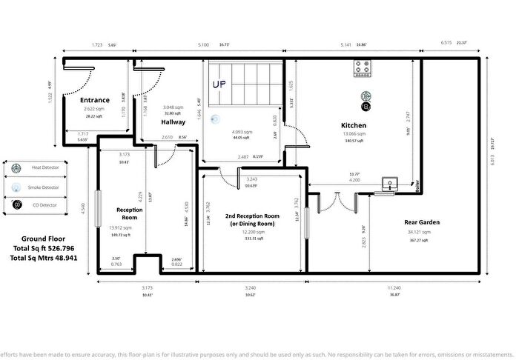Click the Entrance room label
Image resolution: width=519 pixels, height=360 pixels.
95,100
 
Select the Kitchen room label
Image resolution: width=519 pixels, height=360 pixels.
353,125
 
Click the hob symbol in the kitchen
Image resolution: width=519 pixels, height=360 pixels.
364,69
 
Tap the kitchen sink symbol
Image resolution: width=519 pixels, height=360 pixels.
389,184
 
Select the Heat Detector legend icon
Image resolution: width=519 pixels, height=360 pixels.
16,167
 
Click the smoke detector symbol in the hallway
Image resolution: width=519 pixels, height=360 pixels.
214,119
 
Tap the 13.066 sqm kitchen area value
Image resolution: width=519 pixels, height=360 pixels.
353,134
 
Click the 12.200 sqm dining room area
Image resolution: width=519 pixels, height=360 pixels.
252,232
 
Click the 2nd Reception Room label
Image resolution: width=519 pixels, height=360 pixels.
253,216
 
